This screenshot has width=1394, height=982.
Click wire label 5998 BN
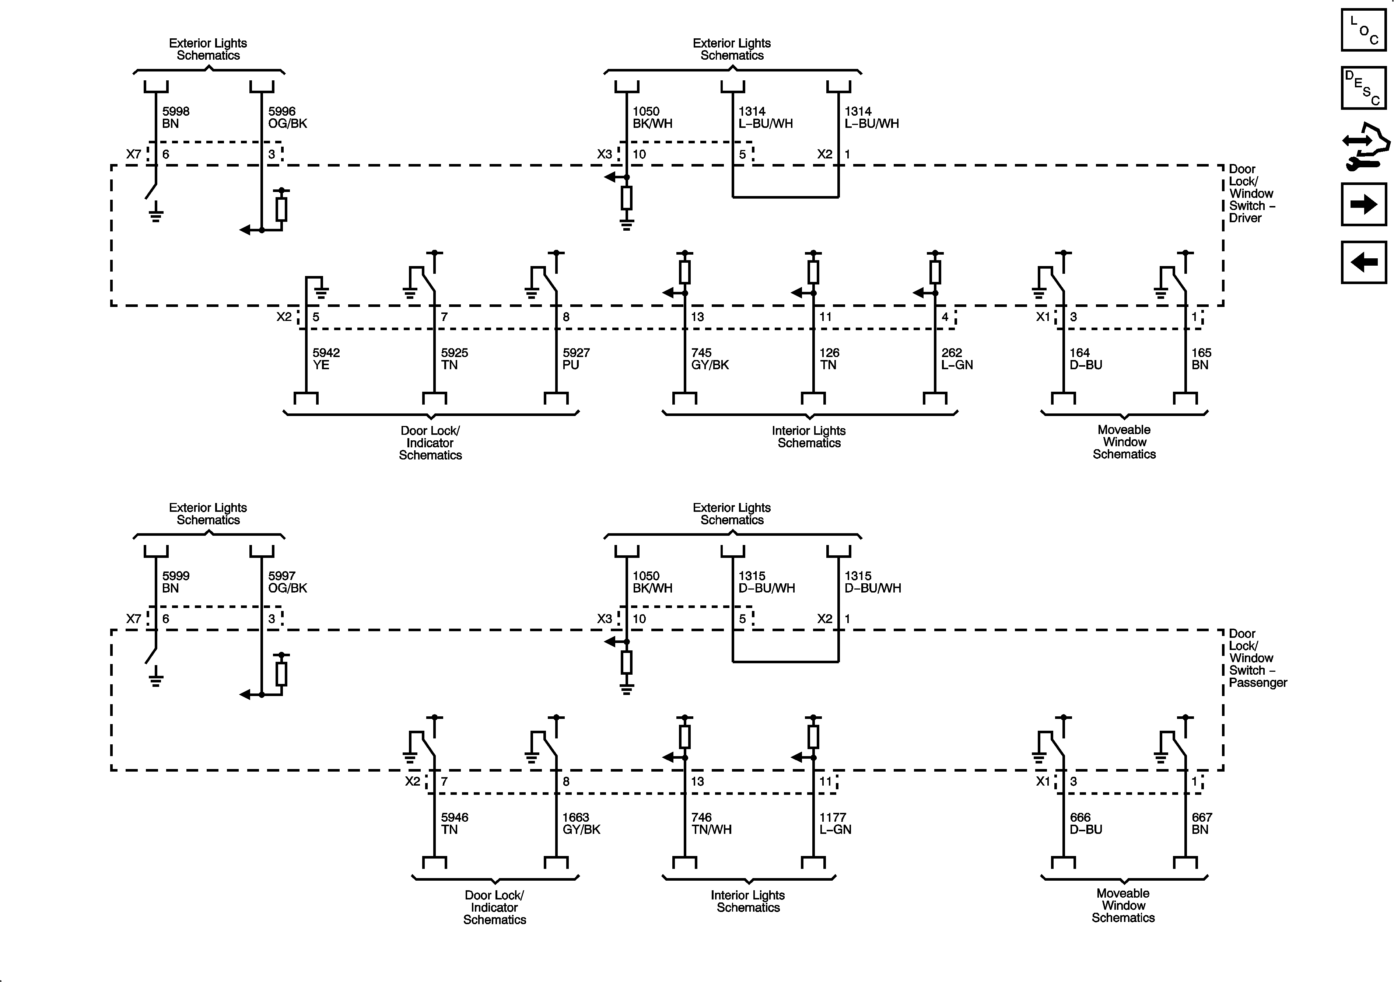pyautogui.click(x=175, y=117)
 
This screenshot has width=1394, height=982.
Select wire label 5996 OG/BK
pyautogui.click(x=287, y=117)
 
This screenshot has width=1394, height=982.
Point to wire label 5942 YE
pyautogui.click(x=325, y=359)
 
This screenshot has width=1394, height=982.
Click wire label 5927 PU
pyautogui.click(x=575, y=359)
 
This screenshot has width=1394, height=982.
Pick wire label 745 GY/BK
pyautogui.click(x=709, y=359)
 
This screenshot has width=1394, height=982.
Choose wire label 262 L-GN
pyautogui.click(x=957, y=359)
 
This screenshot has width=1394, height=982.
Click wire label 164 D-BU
pyautogui.click(x=1086, y=359)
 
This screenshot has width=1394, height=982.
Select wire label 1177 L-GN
pyautogui.click(x=835, y=824)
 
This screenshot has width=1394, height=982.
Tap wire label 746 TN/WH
pyautogui.click(x=711, y=824)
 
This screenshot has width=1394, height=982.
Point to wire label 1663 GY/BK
pyautogui.click(x=581, y=824)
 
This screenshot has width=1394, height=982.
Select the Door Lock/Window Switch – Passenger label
pyautogui.click(x=1257, y=658)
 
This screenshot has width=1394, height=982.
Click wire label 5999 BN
pyautogui.click(x=175, y=582)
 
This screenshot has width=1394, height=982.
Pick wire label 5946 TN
pyautogui.click(x=454, y=824)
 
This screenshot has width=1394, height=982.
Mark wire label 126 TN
pyautogui.click(x=829, y=359)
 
